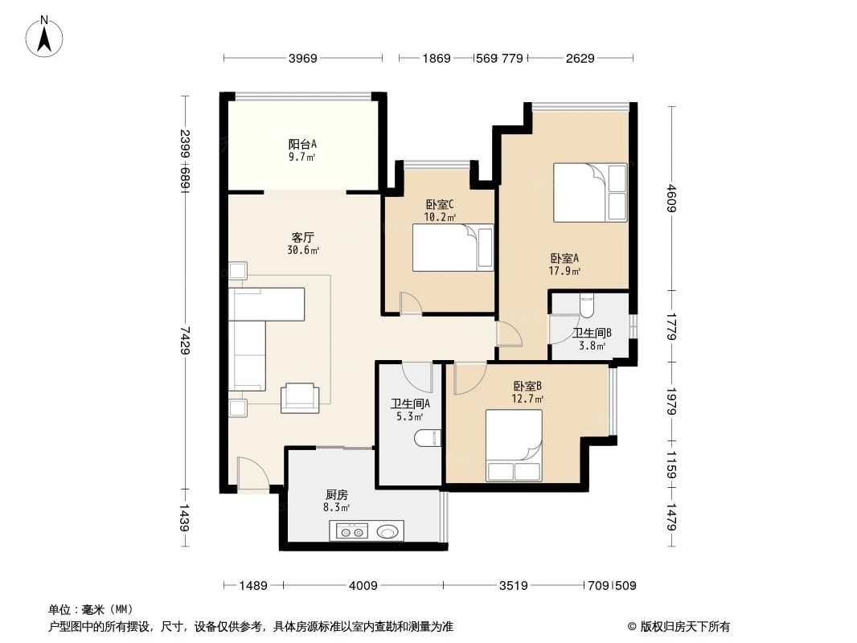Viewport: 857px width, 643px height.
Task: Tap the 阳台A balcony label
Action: point(302,145)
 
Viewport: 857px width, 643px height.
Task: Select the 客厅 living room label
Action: point(302,238)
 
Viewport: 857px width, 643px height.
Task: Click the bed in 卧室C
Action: point(453,248)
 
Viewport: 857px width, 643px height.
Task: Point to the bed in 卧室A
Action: point(590,192)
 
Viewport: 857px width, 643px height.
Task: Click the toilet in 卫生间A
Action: point(428,438)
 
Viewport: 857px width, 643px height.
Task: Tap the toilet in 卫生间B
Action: point(585,306)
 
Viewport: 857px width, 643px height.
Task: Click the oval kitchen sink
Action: point(388,530)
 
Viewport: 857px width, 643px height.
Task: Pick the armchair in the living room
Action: point(300,396)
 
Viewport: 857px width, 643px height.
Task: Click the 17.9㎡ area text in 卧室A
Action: point(565,272)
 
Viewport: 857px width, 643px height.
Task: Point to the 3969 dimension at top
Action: point(303,58)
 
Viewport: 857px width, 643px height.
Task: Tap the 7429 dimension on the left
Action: point(185,339)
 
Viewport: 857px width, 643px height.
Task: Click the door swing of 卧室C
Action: point(410,302)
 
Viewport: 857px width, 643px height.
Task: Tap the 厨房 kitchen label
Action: point(337,495)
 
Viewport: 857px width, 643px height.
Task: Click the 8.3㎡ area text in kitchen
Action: point(337,508)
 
